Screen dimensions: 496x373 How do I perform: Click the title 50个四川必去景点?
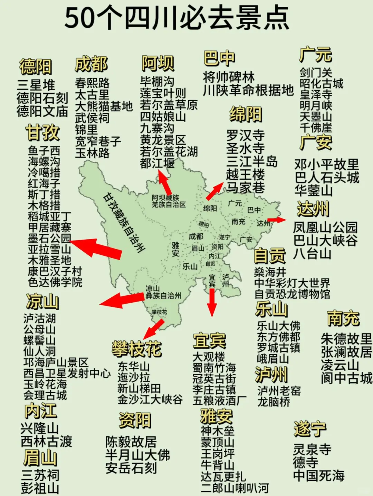coord(176,18)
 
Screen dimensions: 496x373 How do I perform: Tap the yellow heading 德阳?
coord(36,67)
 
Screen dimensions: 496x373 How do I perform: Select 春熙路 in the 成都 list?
coord(92,83)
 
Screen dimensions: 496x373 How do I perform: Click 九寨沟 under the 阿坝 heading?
coord(157,128)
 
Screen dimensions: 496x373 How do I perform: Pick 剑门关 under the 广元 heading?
coord(316,72)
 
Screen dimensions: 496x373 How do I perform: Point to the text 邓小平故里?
coord(326,164)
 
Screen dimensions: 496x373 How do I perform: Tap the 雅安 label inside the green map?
coord(175,249)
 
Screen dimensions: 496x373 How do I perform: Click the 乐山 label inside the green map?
coord(190,266)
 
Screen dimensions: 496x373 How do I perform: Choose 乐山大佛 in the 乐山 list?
coord(278,326)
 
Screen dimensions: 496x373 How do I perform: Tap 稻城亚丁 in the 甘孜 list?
coord(49,217)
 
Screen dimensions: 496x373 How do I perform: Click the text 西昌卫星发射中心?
coord(67,373)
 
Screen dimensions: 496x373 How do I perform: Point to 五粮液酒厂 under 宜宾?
coord(220,401)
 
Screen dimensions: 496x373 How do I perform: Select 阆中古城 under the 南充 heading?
coord(346,378)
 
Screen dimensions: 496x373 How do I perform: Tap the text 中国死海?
coord(319,476)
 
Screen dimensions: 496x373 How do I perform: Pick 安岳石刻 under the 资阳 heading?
coord(131,468)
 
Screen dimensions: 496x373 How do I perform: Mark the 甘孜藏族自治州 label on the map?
coord(124,222)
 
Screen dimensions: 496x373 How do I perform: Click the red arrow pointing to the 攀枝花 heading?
coord(154,329)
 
